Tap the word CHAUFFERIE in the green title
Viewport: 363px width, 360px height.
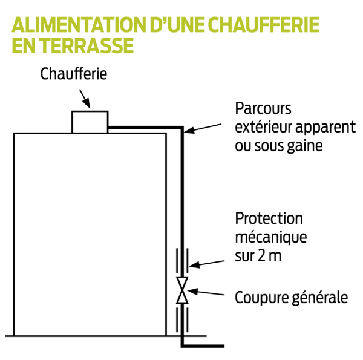pos(264,25)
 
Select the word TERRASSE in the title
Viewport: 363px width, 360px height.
pos(88,45)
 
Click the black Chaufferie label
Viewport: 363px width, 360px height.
pos(74,74)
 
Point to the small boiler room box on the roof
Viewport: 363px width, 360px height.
pos(90,122)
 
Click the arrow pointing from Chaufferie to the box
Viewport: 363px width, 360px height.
pos(85,99)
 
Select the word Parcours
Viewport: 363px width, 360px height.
pos(263,108)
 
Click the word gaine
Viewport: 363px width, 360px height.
pos(305,146)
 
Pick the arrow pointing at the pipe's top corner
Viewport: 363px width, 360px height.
pos(203,129)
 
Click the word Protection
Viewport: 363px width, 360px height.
pos(269,218)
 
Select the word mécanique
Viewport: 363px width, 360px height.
pos(271,237)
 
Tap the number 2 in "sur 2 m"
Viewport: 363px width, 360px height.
pos(261,256)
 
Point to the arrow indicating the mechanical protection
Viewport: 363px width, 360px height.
pos(207,264)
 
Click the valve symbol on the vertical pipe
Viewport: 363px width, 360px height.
pos(182,290)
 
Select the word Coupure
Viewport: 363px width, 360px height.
pos(261,298)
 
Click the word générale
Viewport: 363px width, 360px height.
pos(319,298)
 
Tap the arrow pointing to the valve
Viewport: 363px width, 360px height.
pos(206,292)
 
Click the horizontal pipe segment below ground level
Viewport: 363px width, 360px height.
pos(203,346)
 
